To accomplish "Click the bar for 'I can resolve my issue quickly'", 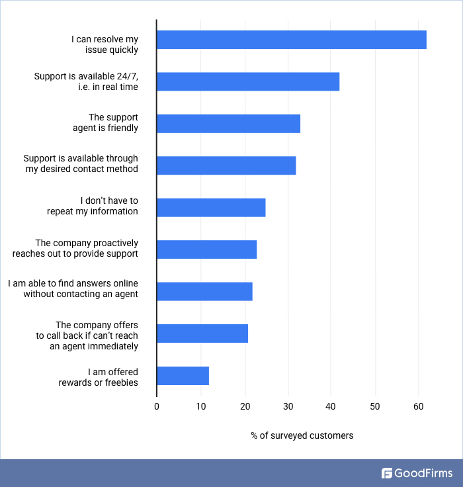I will pos(291,40).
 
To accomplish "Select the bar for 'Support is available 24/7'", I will pos(248,81).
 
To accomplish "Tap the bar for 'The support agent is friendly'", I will pos(228,124).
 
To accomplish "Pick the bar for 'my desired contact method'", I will pos(226,165).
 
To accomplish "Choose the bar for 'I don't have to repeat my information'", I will pos(211,207).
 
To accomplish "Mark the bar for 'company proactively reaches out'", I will pos(206,249).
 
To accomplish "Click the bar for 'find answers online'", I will pos(204,291).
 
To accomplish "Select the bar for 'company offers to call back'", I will pos(202,333).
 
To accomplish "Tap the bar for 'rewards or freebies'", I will pos(183,375).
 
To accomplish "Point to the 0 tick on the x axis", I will pos(157,406).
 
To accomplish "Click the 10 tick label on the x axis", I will pos(200,406).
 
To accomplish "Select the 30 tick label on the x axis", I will pos(288,406).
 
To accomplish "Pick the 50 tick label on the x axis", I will pos(375,406).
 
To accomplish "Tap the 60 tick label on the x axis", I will pos(419,406).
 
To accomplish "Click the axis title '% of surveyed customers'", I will pos(302,435).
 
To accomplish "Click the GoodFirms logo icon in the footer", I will pos(387,473).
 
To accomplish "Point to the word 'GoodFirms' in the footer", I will pos(424,473).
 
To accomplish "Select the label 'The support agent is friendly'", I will pos(105,123).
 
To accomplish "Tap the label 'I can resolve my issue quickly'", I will pos(105,44).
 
